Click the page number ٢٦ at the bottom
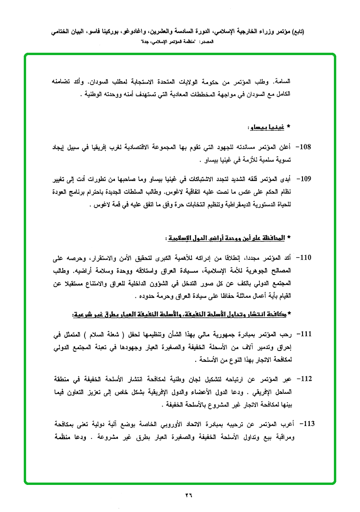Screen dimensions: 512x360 pos(189,495)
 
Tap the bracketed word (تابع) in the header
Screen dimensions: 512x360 pos(297,32)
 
